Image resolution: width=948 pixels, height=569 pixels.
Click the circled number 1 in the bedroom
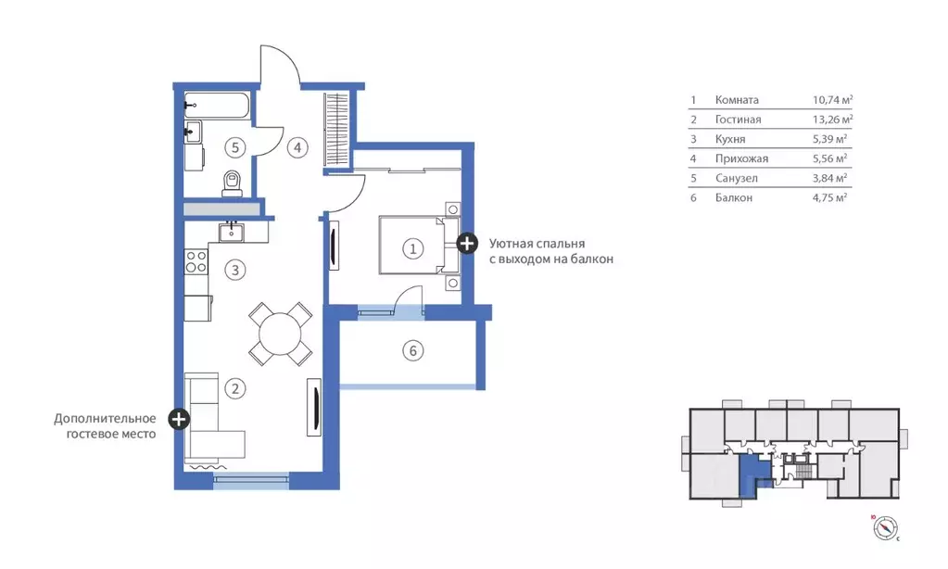[413, 248]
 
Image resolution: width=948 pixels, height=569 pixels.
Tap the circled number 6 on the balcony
[413, 350]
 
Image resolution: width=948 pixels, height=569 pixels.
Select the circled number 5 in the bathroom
[235, 147]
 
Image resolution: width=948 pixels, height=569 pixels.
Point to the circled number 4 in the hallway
[297, 147]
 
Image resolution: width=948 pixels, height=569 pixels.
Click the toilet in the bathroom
[233, 183]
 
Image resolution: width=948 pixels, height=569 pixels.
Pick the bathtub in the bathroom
[217, 106]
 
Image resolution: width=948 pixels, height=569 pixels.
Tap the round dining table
[281, 334]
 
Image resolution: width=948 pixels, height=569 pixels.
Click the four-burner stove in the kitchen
[196, 260]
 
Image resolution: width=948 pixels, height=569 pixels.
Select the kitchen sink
[231, 232]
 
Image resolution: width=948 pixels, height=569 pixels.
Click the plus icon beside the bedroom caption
[466, 244]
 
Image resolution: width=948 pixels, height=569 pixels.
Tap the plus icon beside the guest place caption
[178, 419]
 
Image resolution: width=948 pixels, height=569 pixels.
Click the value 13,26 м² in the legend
[832, 120]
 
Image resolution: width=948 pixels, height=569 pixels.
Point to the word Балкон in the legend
[733, 197]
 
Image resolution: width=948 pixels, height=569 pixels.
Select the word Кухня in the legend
[729, 139]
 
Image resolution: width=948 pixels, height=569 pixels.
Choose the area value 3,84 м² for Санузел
[829, 178]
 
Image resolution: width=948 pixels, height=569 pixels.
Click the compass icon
[885, 528]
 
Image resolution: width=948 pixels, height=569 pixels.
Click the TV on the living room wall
[315, 407]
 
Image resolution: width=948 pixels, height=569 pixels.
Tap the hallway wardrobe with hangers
[336, 130]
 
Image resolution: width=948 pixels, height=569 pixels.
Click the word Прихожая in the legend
[741, 158]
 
